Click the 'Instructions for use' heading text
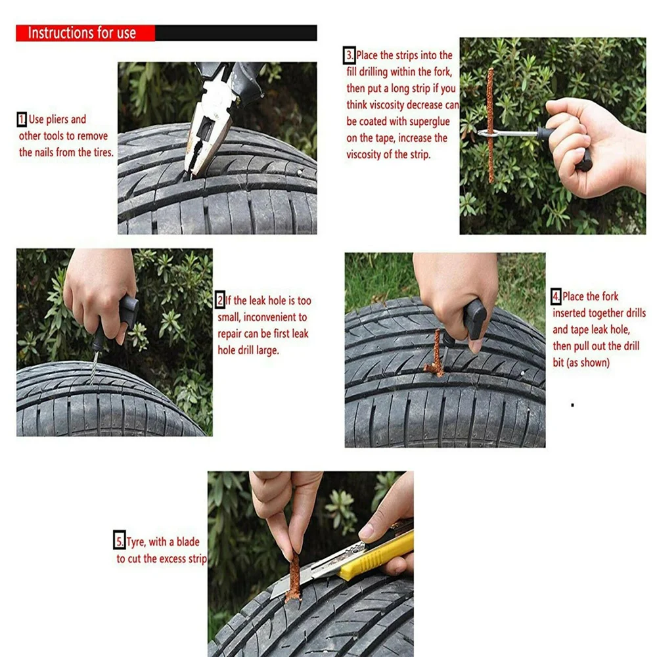coord(81,33)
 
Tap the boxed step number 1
coord(22,120)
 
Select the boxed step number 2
coord(220,300)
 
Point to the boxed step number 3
coord(350,55)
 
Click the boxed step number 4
coord(556,297)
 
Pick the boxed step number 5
coord(120,541)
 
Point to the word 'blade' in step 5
coord(188,541)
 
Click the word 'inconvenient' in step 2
coord(275,317)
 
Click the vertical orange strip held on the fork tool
coord(490,125)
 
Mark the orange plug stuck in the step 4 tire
coord(436,355)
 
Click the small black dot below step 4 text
coord(572,405)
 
